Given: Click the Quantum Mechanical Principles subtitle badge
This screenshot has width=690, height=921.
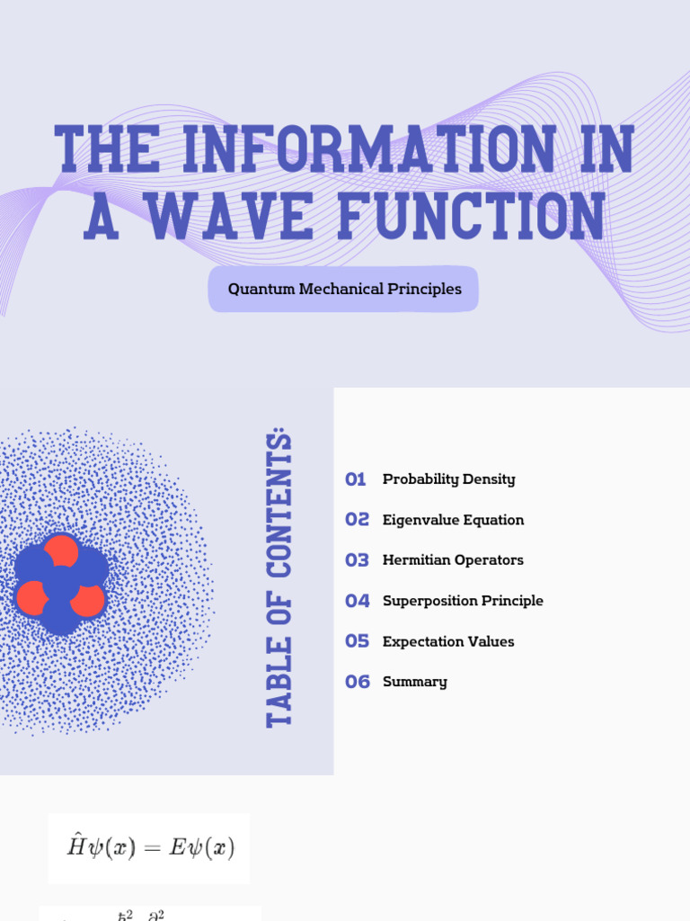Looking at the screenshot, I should [344, 290].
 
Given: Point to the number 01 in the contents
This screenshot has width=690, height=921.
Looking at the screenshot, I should [356, 479].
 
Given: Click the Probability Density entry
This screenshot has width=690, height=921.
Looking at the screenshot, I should [448, 479].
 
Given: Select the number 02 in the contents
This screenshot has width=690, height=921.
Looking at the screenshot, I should [357, 520].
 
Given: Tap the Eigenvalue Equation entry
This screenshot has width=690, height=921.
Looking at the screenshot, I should [453, 520].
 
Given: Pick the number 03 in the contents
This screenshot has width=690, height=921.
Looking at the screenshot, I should [357, 560].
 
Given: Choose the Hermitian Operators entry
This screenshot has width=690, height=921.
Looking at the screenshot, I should [453, 560].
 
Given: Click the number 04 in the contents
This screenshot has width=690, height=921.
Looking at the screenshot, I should [357, 601].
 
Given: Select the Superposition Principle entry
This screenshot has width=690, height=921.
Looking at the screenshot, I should [463, 601].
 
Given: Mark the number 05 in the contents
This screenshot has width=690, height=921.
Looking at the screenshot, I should [357, 641].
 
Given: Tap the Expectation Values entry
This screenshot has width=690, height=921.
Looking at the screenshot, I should [448, 641].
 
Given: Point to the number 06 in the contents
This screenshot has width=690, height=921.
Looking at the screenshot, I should [357, 682].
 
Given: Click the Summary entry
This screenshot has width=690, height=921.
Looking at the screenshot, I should [414, 682].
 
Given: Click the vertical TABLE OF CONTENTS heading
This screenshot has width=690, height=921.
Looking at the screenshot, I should [280, 579].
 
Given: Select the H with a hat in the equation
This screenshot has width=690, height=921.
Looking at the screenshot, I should [76, 846].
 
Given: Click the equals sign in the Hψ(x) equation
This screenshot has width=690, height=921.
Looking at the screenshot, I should [152, 849].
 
